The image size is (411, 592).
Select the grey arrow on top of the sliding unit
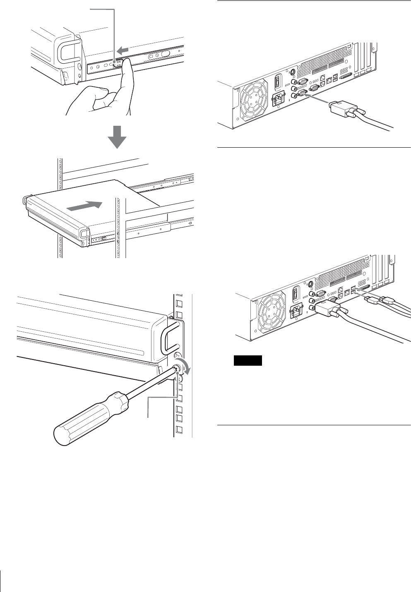(85, 205)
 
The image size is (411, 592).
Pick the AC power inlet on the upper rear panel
(278, 101)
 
